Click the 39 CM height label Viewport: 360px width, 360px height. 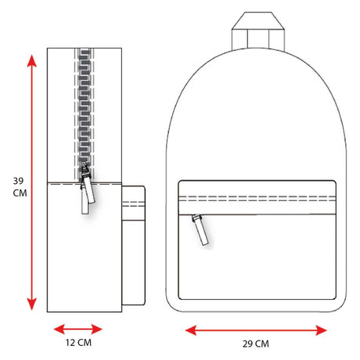click(x=20, y=187)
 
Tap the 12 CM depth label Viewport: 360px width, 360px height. click(x=78, y=343)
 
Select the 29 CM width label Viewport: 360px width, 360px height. click(x=256, y=344)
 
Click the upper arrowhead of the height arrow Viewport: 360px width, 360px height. click(x=32, y=60)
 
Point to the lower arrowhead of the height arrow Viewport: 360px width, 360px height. click(x=32, y=304)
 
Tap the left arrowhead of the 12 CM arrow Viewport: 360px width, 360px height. click(x=59, y=329)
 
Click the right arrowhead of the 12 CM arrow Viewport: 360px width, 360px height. click(x=97, y=329)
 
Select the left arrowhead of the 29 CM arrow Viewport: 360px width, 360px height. click(x=191, y=330)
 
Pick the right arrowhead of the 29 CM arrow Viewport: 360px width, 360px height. click(x=321, y=330)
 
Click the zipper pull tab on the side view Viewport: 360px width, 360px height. click(x=88, y=190)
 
